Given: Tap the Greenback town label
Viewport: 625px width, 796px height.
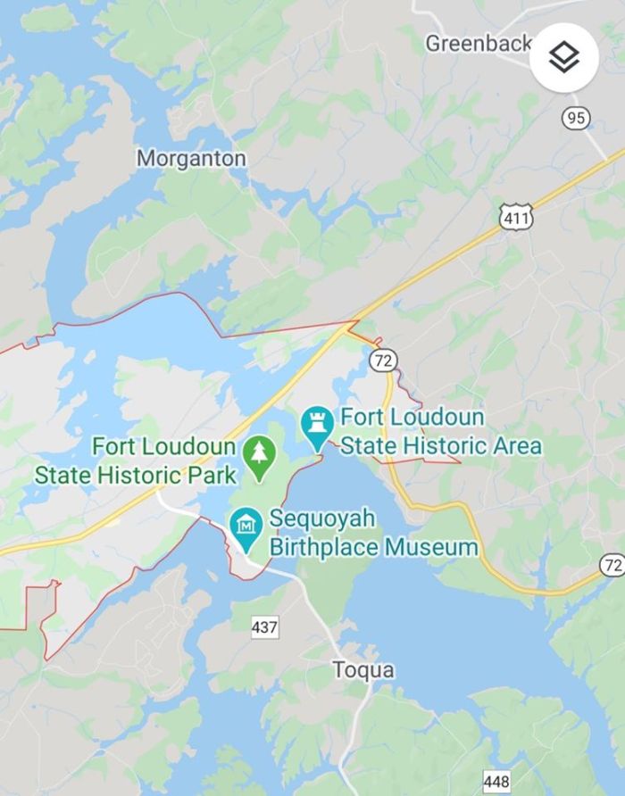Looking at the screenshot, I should [478, 42].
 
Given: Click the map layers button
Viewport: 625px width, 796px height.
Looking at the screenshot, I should [563, 58].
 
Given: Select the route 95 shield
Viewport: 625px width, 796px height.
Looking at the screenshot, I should [576, 117].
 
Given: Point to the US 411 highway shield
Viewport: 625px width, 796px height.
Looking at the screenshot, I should [516, 217].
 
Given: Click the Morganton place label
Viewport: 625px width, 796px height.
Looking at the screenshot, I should [191, 158].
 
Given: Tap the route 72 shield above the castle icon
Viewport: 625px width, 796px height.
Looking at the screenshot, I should [383, 361].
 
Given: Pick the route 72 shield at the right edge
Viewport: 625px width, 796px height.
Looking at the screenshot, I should [612, 565].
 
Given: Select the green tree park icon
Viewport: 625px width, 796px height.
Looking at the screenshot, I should [259, 456].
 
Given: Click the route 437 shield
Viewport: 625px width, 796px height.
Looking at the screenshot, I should [264, 627].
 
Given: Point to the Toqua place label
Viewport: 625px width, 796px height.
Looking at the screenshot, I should [363, 669].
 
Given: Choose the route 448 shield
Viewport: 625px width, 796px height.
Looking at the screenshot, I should [496, 782].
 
